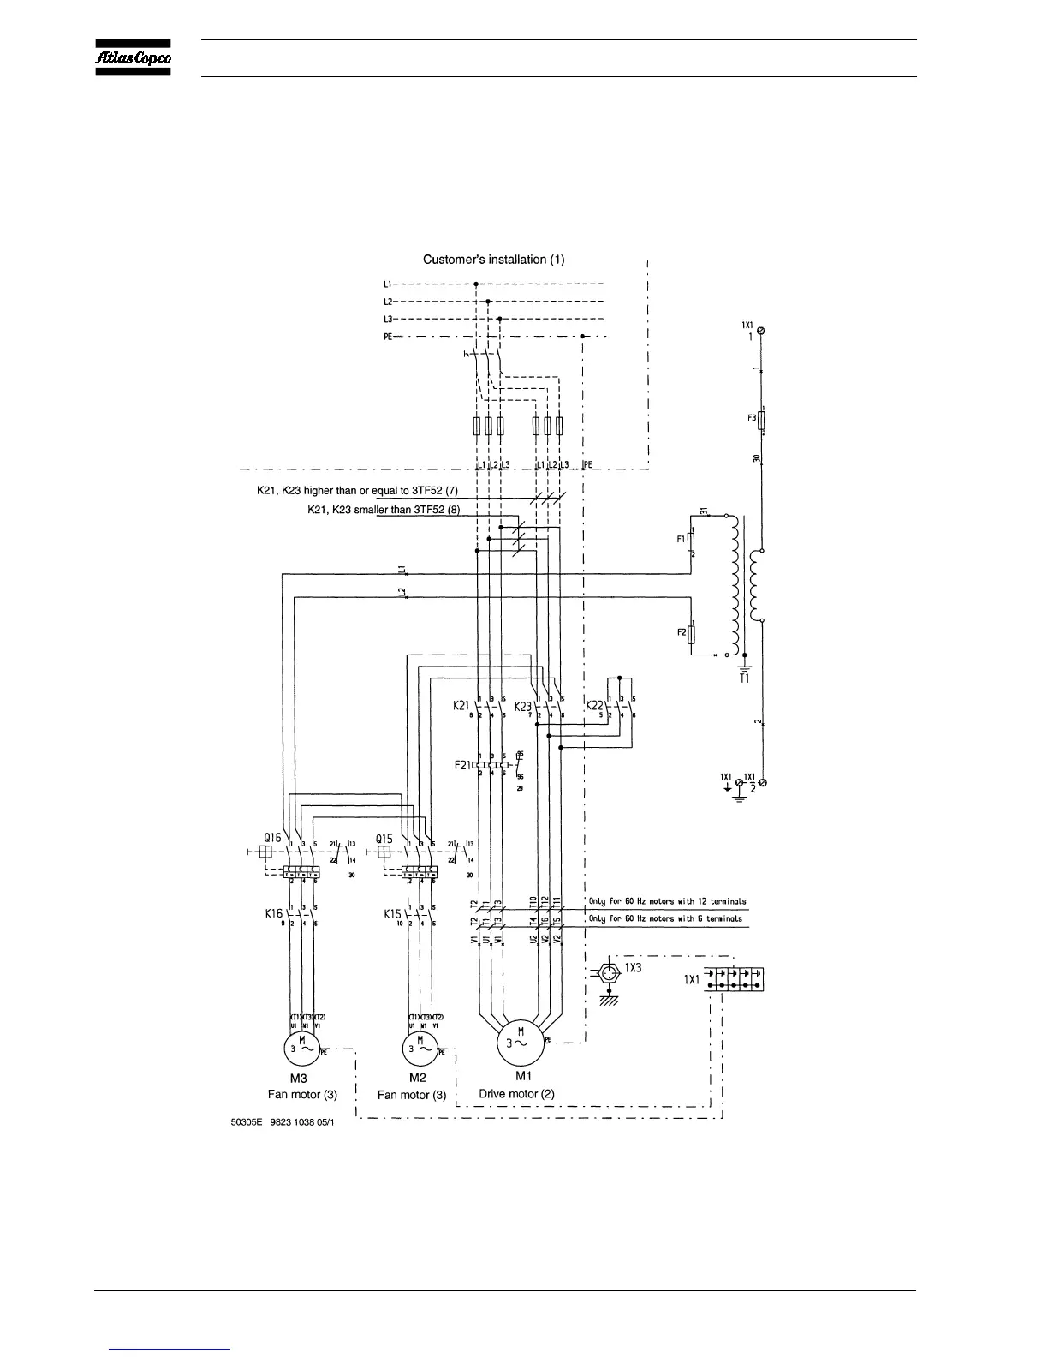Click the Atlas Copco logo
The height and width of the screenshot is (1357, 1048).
coord(132,57)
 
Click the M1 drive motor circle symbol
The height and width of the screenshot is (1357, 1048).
coord(521,1043)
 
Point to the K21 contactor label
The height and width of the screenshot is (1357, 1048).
coord(461,706)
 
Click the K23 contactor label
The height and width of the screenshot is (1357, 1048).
coord(523,706)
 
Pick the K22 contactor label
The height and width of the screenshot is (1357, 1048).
coord(594,705)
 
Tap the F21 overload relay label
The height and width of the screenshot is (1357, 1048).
coord(462,763)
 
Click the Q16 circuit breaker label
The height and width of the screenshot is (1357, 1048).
coord(273,838)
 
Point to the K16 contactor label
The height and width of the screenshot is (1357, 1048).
coord(273,914)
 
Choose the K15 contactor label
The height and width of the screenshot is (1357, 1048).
coord(392,914)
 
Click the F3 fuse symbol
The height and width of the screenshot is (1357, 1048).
coord(762,421)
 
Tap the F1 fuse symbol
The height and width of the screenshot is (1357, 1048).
coord(692,542)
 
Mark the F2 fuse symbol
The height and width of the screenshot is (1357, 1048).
coord(692,633)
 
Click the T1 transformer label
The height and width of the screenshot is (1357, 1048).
coord(744,678)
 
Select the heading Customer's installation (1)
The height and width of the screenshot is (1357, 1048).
coord(494,259)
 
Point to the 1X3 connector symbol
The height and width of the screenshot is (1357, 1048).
coord(608,974)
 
